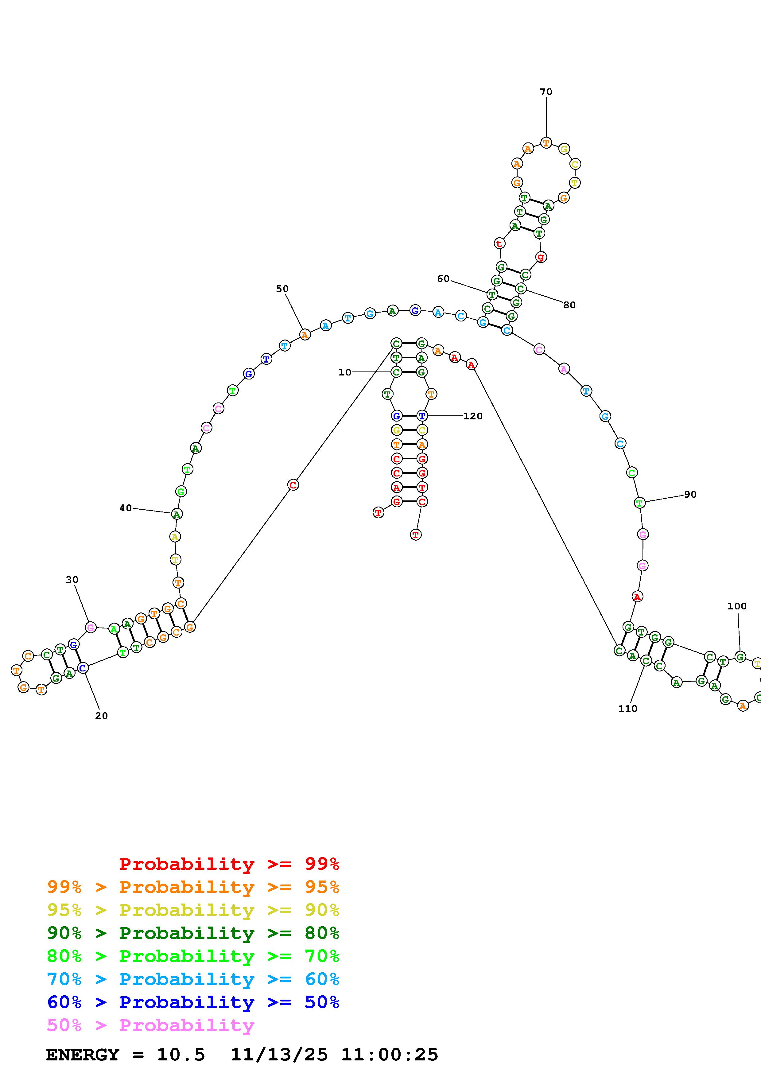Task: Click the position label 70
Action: point(546,92)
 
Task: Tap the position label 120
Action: point(473,416)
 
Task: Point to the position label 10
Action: point(345,372)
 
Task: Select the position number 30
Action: point(72,580)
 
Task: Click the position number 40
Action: point(125,508)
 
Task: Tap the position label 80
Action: point(569,305)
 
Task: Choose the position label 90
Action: point(690,494)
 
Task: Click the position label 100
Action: point(737,606)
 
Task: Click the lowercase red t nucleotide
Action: point(499,243)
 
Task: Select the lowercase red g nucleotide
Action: point(541,257)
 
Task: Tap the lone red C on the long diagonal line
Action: point(293,485)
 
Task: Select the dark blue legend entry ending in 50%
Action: point(193,1002)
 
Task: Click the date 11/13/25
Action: point(279,1055)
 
